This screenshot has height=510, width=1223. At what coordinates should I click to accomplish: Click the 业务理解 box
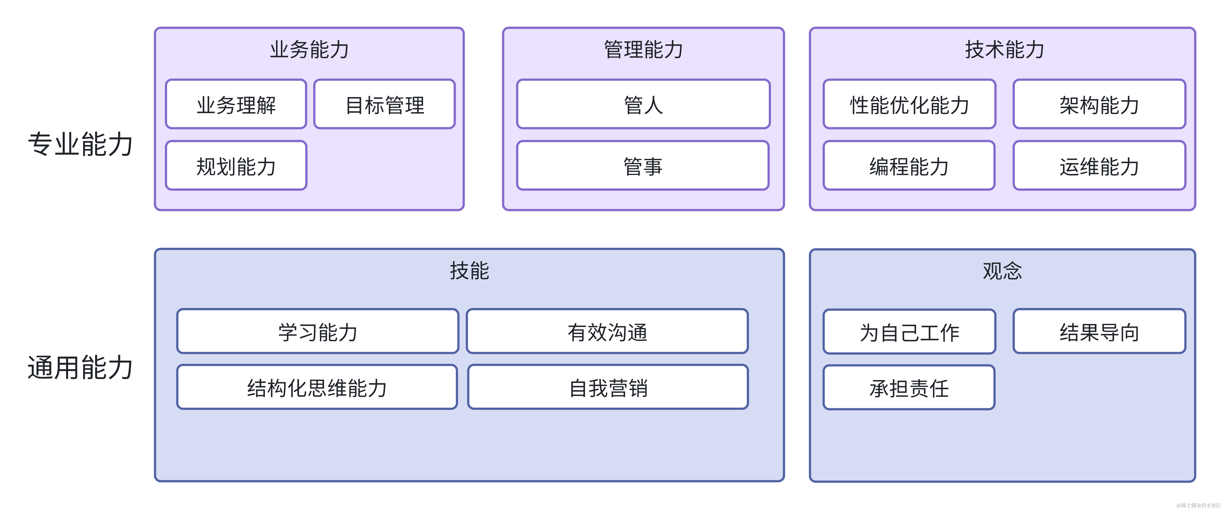click(x=236, y=104)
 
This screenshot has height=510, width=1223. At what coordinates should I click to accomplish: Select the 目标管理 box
click(x=385, y=104)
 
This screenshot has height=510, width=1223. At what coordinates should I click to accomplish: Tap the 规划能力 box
click(x=236, y=166)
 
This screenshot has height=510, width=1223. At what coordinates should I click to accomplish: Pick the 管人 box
click(x=643, y=104)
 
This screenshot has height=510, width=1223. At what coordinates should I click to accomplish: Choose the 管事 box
click(x=643, y=166)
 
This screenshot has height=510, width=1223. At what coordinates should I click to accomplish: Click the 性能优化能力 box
click(x=909, y=104)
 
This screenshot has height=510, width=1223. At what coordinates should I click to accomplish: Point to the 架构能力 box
click(x=1099, y=104)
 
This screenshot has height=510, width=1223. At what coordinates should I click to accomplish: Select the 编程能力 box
click(x=909, y=166)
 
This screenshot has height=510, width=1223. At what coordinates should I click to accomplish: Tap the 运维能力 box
click(x=1099, y=166)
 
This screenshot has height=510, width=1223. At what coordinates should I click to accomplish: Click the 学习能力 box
click(x=318, y=331)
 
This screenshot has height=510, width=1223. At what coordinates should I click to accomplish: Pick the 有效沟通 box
click(x=607, y=331)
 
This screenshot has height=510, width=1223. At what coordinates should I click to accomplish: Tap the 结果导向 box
click(x=1099, y=331)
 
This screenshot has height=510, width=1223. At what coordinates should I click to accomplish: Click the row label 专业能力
click(x=80, y=144)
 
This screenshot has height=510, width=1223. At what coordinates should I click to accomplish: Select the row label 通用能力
click(x=80, y=367)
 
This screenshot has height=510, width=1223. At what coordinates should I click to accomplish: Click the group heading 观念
click(x=1002, y=271)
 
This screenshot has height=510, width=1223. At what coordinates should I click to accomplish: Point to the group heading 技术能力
click(x=1004, y=49)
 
